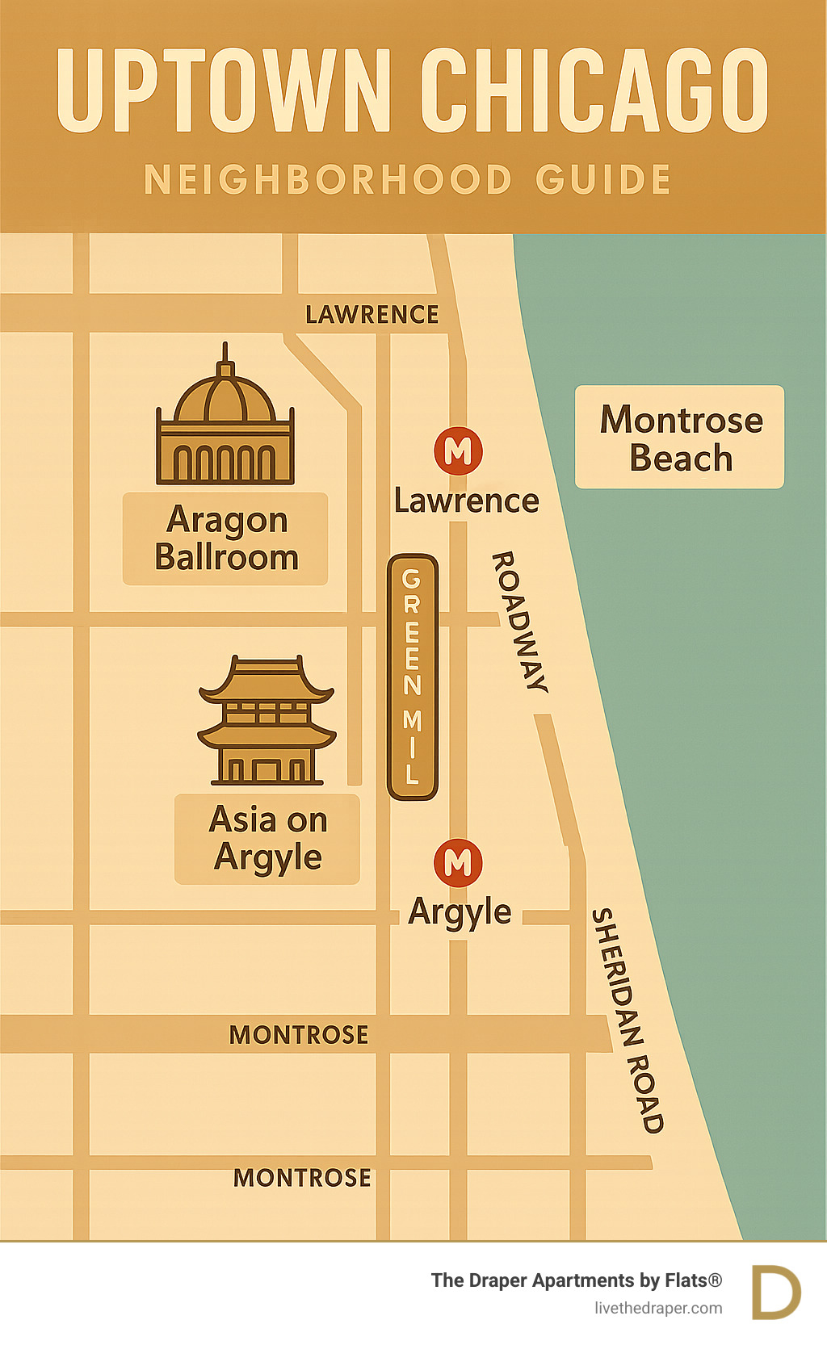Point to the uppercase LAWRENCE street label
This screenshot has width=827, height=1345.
click(372, 314)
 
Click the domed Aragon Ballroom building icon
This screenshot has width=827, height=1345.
click(225, 420)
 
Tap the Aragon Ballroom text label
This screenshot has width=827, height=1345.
click(226, 538)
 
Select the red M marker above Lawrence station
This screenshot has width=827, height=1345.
click(458, 450)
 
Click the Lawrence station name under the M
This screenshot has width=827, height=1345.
click(466, 501)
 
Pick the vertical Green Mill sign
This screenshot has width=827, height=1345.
click(412, 677)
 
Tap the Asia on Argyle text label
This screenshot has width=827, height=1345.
click(268, 839)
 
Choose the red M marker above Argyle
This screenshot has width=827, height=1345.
click(458, 862)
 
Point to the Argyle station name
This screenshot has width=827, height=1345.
click(460, 912)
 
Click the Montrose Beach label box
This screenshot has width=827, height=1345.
click(680, 438)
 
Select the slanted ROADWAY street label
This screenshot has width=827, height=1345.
click(520, 622)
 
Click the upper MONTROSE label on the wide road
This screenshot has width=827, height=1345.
click(299, 1035)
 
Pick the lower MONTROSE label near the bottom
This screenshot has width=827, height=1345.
click(302, 1178)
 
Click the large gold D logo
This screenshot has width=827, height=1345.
click(775, 1293)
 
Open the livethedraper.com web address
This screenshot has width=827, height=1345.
click(658, 1309)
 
